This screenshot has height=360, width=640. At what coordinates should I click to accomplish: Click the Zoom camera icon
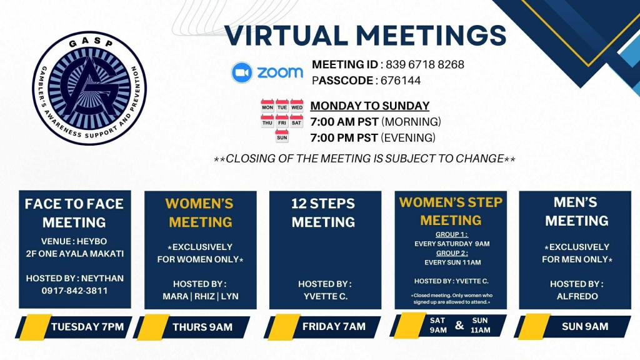(242, 72)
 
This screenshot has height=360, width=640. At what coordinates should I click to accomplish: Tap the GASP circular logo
(89, 87)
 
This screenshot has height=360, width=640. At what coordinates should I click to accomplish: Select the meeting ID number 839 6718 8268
(425, 64)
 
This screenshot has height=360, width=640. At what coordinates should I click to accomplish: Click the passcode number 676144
(401, 81)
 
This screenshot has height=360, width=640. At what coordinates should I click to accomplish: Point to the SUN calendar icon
(282, 136)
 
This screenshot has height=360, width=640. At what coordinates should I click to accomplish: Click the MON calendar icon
(267, 106)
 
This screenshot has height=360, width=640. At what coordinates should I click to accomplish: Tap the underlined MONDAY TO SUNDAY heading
(370, 106)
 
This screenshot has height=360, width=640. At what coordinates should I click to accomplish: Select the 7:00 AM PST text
(344, 122)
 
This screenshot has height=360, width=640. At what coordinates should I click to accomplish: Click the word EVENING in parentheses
(408, 138)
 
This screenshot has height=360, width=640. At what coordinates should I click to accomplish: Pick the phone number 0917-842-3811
(75, 291)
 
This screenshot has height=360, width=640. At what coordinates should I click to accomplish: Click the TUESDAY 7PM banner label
(87, 326)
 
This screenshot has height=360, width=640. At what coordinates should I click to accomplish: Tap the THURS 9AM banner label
(202, 327)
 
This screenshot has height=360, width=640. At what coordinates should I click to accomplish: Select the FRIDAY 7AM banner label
(334, 326)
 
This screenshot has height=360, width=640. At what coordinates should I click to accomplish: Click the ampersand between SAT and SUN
(459, 325)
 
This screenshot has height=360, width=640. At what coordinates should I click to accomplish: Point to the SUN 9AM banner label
(585, 326)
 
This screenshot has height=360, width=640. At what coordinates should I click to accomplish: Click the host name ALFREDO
(577, 296)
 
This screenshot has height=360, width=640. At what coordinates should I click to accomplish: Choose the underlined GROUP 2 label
(452, 253)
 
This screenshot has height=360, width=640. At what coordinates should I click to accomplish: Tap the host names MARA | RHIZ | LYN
(201, 296)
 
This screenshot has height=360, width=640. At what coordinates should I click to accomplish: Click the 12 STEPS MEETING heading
(323, 212)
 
